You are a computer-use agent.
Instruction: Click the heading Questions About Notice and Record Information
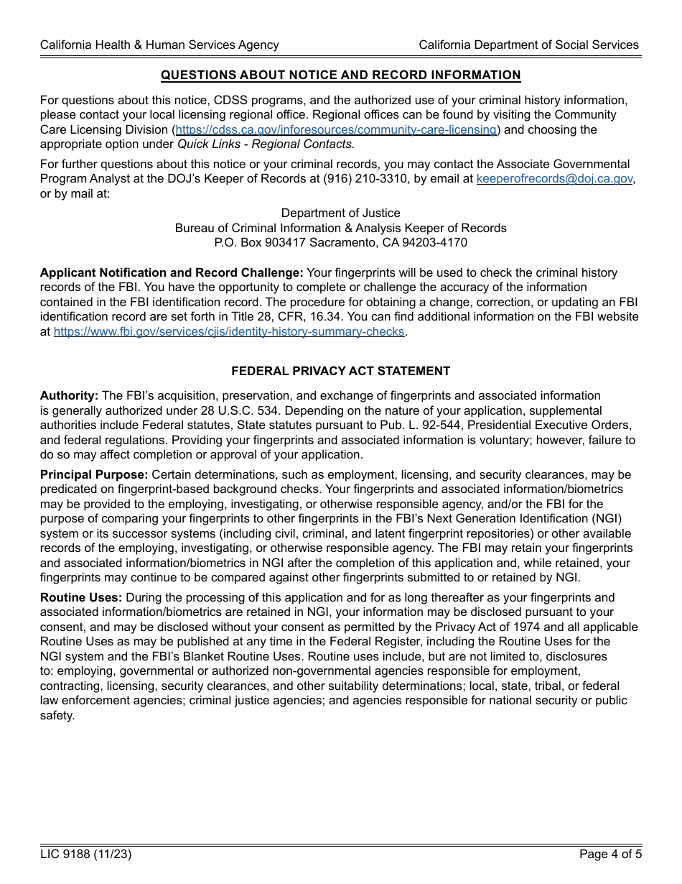(x=340, y=75)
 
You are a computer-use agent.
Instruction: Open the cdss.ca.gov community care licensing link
(x=336, y=129)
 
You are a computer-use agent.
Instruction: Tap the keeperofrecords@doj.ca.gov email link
(x=554, y=179)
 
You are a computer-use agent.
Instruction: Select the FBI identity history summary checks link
(x=229, y=332)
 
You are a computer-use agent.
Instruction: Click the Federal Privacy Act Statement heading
(x=340, y=371)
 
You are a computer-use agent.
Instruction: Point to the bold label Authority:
(x=69, y=396)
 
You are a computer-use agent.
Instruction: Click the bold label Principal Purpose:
(x=94, y=475)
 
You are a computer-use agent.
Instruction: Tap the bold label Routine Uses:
(x=81, y=598)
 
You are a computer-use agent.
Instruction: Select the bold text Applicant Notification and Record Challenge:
(x=172, y=273)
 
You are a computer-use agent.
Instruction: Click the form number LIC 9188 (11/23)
(x=86, y=855)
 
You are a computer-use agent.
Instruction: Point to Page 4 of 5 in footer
(x=609, y=855)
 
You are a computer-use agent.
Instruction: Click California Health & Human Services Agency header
(x=159, y=45)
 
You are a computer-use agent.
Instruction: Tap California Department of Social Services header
(x=528, y=45)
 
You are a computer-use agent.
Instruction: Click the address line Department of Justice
(x=340, y=213)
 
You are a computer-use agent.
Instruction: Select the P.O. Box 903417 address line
(x=340, y=243)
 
